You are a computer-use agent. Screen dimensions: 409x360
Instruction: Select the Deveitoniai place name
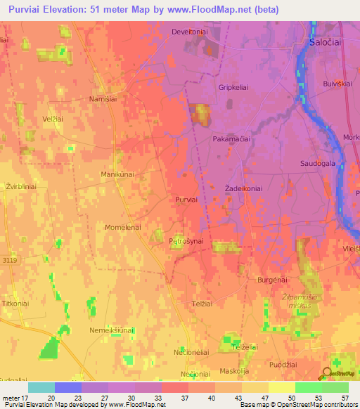coord(191,32)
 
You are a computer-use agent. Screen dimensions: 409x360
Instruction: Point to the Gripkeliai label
coord(234,88)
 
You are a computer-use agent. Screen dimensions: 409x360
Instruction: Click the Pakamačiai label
coord(231,140)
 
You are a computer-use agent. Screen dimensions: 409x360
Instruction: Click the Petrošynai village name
coord(186,241)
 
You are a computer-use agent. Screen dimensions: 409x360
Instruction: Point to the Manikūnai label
coord(117,174)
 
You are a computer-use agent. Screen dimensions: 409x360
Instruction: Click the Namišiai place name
coord(103,99)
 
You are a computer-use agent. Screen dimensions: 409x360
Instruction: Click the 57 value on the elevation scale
coord(345,397)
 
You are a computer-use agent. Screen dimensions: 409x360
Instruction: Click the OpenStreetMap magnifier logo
coord(326,374)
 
